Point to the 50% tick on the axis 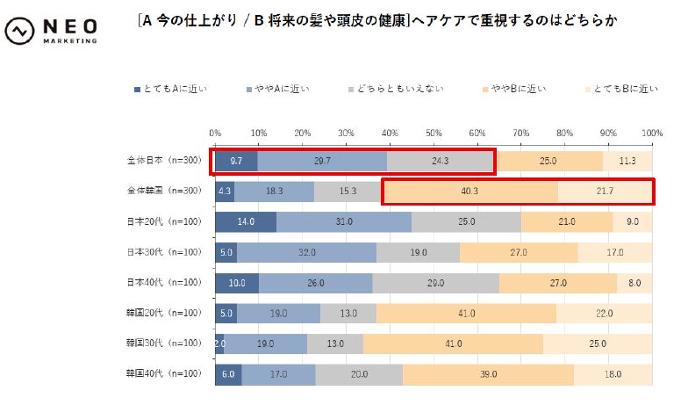tap(434, 133)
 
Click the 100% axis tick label tap(651, 133)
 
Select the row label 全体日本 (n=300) tap(165, 161)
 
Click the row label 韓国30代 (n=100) tap(165, 344)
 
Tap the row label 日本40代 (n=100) tap(165, 282)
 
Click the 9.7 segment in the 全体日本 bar tap(236, 161)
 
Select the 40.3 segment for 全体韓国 tap(470, 191)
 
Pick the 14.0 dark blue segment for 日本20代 tap(246, 221)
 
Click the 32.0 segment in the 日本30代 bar tap(306, 252)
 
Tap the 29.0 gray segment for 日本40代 tap(435, 283)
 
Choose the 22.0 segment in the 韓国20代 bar tap(605, 314)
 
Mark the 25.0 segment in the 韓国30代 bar tap(598, 344)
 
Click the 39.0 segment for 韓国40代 tap(488, 374)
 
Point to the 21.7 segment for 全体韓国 tap(606, 191)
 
